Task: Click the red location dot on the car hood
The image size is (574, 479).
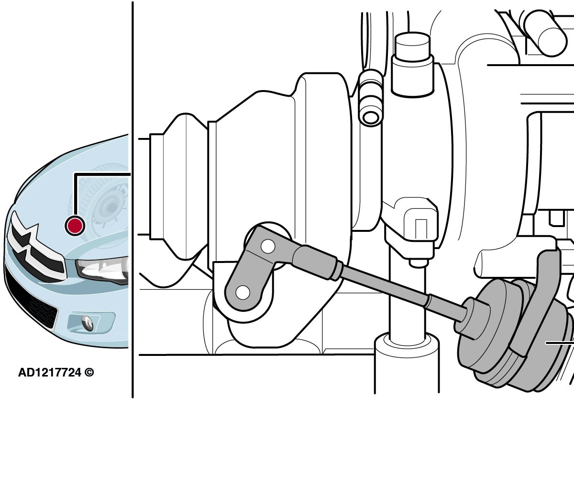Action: pyautogui.click(x=75, y=226)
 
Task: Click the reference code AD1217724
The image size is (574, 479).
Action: pyautogui.click(x=50, y=373)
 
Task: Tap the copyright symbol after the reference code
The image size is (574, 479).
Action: pyautogui.click(x=89, y=373)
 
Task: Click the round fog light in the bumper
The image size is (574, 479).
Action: pyautogui.click(x=88, y=322)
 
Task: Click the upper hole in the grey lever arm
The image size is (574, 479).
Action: pyautogui.click(x=268, y=247)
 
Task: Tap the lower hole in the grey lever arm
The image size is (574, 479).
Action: pyautogui.click(x=243, y=292)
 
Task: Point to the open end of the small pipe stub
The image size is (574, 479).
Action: pyautogui.click(x=371, y=117)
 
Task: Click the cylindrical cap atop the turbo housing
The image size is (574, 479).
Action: pyautogui.click(x=413, y=65)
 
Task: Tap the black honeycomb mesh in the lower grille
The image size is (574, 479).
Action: pyautogui.click(x=44, y=312)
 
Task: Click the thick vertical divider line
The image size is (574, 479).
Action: pyautogui.click(x=133, y=200)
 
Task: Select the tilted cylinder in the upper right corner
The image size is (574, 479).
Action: pyautogui.click(x=545, y=33)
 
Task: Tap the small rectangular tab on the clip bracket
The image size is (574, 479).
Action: pyautogui.click(x=420, y=229)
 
